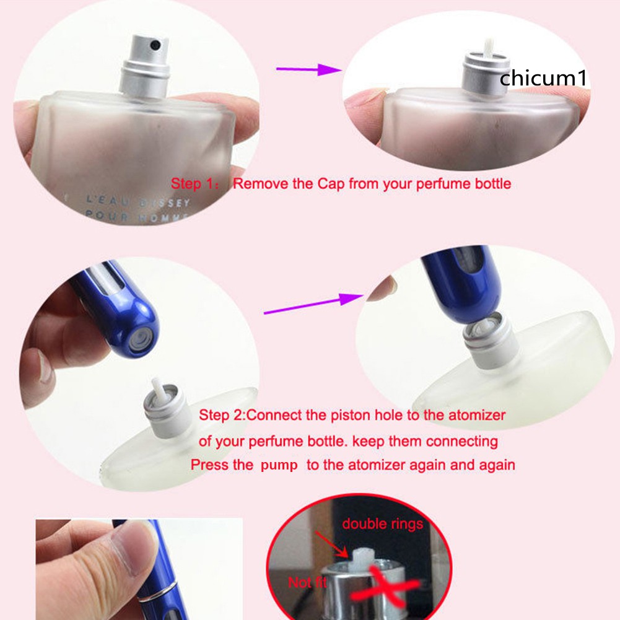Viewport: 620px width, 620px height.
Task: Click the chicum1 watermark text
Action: (x=543, y=79)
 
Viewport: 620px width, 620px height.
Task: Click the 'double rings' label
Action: (x=382, y=524)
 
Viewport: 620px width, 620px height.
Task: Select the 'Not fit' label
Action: (x=308, y=582)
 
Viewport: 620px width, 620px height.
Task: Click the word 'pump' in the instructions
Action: (x=279, y=465)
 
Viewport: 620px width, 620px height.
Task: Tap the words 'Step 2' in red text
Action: (x=222, y=415)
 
